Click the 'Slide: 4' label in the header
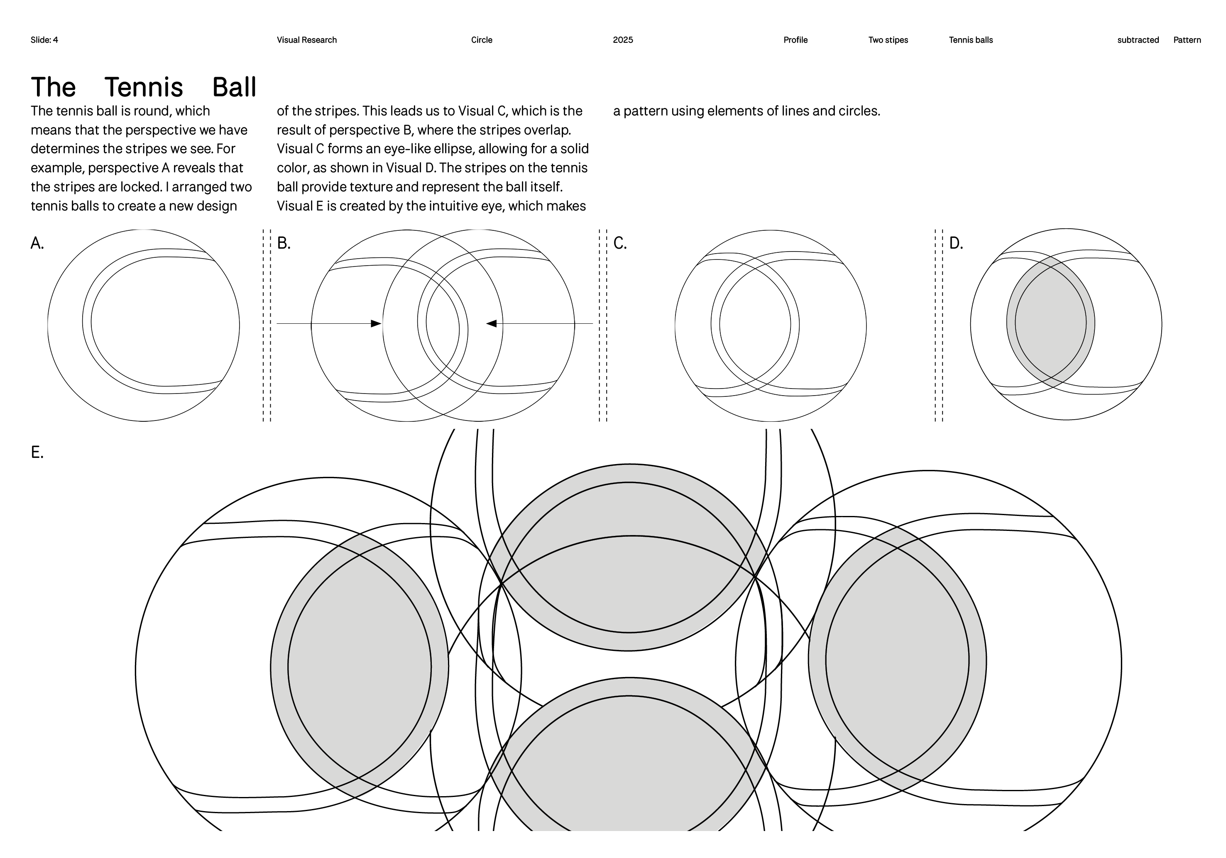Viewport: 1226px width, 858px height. click(x=44, y=40)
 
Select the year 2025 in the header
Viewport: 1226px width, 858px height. click(x=623, y=40)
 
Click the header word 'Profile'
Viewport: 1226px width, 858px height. click(x=795, y=40)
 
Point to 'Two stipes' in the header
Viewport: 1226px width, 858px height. click(x=888, y=40)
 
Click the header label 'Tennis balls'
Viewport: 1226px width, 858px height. click(x=971, y=40)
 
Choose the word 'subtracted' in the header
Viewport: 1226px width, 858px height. click(x=1138, y=40)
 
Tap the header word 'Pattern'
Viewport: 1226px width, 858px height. click(x=1187, y=40)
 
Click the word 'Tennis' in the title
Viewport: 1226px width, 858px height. click(x=144, y=87)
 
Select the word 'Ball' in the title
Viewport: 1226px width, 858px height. click(x=235, y=87)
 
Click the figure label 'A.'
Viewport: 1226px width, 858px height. click(x=37, y=244)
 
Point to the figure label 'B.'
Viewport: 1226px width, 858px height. click(x=284, y=244)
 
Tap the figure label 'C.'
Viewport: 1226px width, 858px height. click(x=619, y=244)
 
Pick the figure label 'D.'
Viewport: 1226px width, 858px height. click(x=956, y=244)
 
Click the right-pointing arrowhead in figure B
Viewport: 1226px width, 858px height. click(x=376, y=323)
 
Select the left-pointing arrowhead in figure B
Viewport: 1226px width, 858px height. click(x=491, y=323)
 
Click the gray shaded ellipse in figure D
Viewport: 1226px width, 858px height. click(x=1050, y=323)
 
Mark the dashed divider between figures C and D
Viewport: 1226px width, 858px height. click(x=939, y=326)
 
